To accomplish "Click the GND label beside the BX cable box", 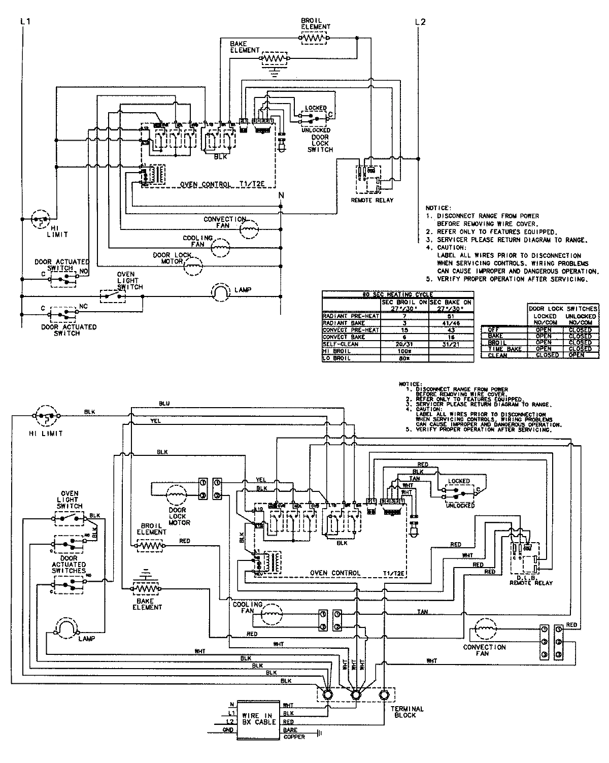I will (x=228, y=730).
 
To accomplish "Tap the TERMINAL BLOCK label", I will (x=407, y=712).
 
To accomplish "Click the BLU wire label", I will (x=164, y=404).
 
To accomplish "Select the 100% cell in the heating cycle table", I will (x=404, y=351).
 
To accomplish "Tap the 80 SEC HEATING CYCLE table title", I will (x=397, y=294).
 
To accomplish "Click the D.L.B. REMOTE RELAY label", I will (x=530, y=580).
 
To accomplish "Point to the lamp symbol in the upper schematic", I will (x=220, y=291).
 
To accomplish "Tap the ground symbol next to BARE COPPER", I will (x=319, y=733).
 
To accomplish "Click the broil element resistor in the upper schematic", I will (x=315, y=38).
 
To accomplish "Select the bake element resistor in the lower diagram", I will (x=147, y=589).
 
